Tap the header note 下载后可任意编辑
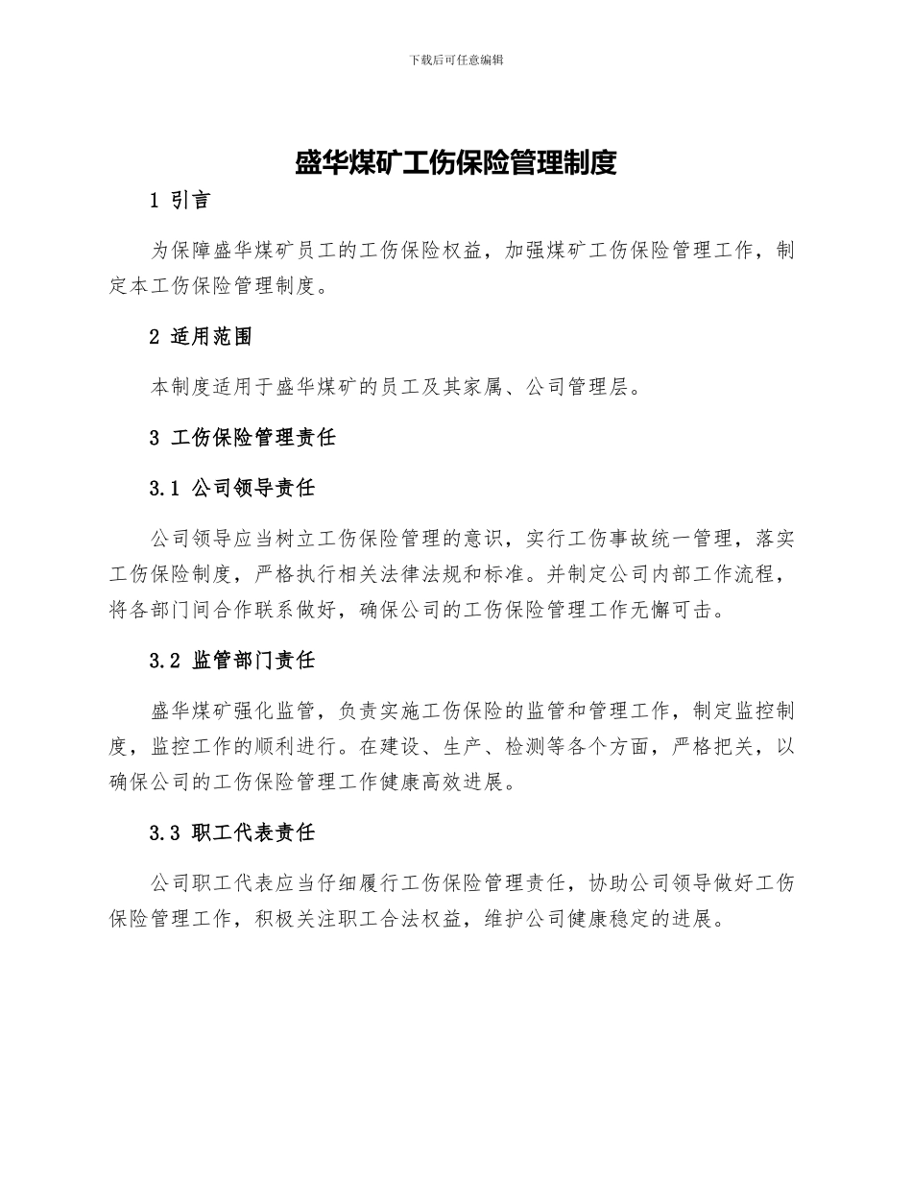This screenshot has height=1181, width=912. [455, 60]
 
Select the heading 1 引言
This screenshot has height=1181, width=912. [180, 202]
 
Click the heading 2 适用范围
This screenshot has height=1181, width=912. [202, 337]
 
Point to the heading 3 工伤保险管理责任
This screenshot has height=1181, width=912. [243, 438]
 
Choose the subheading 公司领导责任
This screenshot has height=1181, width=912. [253, 489]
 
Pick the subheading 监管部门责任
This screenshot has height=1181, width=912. [253, 661]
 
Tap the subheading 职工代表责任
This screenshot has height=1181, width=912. [253, 832]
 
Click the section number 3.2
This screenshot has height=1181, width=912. [165, 661]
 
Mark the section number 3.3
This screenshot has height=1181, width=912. [165, 832]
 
